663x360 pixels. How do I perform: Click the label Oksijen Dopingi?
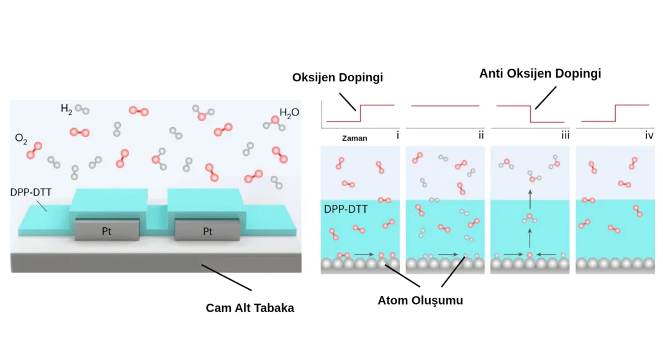pos(338,78)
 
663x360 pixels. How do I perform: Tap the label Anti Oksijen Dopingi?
pos(540,73)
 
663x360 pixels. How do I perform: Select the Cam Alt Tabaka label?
pos(250,308)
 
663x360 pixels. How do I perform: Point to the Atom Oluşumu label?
pos(420,300)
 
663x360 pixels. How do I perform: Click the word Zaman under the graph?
pos(354,138)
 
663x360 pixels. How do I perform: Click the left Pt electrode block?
pos(107,232)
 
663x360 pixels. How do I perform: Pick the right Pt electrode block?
pos(207,232)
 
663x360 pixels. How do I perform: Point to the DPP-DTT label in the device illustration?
pos(30,192)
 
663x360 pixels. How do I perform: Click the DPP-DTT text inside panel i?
pos(346,210)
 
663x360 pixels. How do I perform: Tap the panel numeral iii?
pos(565,134)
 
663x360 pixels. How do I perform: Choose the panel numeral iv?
pos(649,134)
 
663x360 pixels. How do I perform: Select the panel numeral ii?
pos(480,134)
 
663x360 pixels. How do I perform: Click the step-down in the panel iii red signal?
pos(530,114)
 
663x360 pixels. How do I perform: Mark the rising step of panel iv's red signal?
pos(615,114)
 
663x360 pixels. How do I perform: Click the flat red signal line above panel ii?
pos(445,106)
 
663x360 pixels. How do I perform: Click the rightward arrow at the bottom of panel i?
pos(364,254)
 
